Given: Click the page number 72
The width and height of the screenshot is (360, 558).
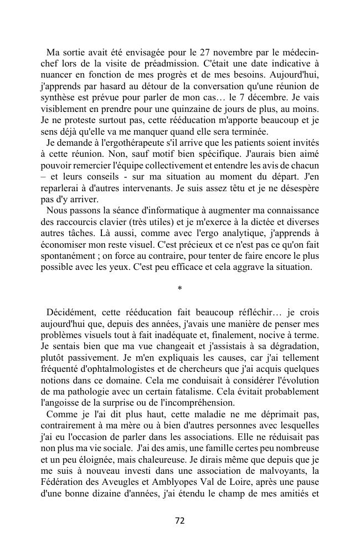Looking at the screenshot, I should [x=179, y=520].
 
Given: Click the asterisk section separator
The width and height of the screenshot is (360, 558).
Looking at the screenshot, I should [x=179, y=289].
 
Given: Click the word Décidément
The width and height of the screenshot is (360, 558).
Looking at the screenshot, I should [x=71, y=312].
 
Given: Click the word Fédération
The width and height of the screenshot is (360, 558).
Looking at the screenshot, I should [x=64, y=482].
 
